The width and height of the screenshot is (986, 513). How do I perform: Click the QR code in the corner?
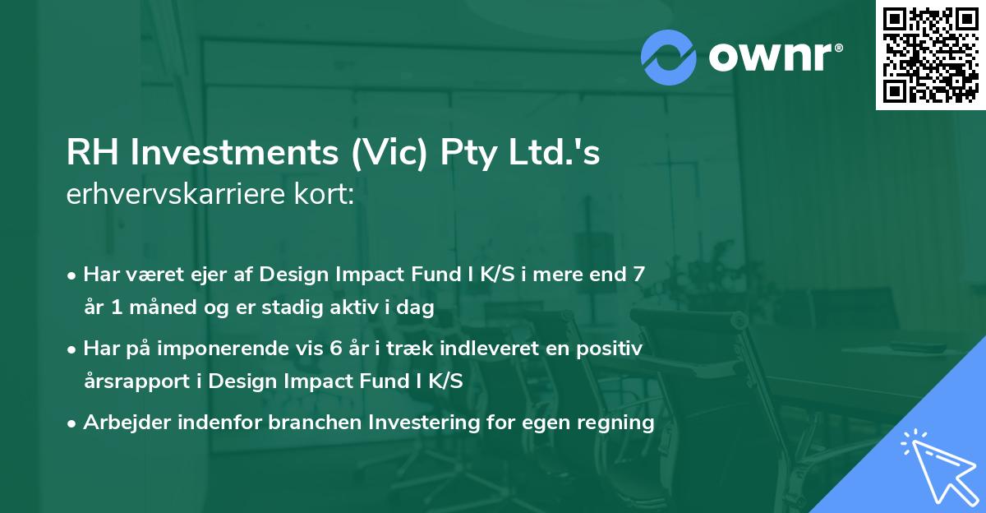tap(930, 55)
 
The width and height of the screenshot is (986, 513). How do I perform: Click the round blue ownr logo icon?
tap(669, 58)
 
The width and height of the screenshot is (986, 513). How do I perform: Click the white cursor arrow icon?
tap(937, 466)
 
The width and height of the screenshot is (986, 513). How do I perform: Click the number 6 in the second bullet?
tap(335, 349)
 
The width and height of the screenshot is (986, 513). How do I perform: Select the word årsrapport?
tap(139, 382)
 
